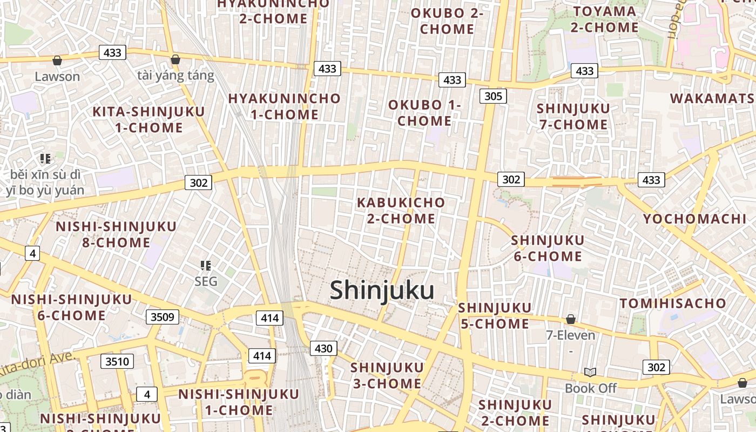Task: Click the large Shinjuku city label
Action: click(x=382, y=291)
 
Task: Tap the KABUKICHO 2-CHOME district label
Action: click(x=401, y=211)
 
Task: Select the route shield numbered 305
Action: click(x=493, y=97)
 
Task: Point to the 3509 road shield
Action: click(x=162, y=316)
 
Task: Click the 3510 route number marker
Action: click(x=117, y=361)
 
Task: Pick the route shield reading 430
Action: click(x=323, y=348)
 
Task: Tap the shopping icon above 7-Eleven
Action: click(x=570, y=320)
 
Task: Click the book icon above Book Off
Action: click(x=590, y=373)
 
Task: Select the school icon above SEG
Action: click(x=206, y=265)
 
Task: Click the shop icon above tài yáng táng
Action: click(x=175, y=59)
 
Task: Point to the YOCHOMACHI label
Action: click(x=694, y=219)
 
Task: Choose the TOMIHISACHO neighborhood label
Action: click(x=673, y=303)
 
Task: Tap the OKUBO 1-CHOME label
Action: click(x=424, y=113)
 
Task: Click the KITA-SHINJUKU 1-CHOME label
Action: click(x=149, y=120)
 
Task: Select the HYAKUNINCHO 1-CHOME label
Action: click(x=285, y=106)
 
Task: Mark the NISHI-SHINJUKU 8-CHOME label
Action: click(x=116, y=234)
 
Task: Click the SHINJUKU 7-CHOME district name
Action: click(x=573, y=116)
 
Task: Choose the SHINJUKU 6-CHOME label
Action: click(x=548, y=248)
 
